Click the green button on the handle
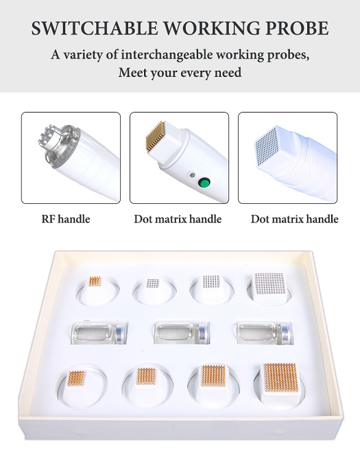coord(204,182)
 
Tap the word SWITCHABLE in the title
coord(95,28)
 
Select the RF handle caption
coord(66,219)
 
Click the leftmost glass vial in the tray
coord(99,332)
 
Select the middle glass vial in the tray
coord(182,332)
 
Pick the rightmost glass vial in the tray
coord(265,332)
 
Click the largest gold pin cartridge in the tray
coord(281,382)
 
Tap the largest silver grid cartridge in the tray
coord(269,285)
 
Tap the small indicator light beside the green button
coord(192,174)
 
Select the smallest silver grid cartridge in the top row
coord(153,283)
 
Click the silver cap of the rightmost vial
coord(287,333)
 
